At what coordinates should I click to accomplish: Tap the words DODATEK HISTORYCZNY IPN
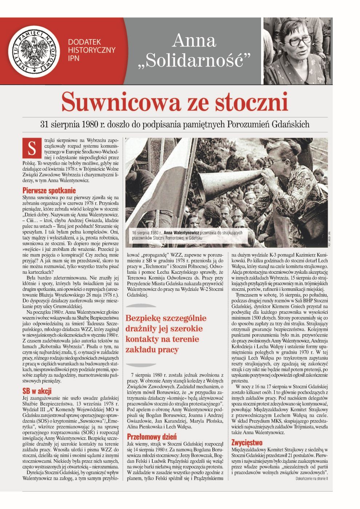[92, 50]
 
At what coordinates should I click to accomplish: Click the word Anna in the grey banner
[194, 40]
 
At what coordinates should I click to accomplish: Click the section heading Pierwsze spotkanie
[49, 190]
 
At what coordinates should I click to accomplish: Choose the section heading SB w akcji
[37, 391]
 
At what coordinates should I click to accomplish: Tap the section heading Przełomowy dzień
[152, 437]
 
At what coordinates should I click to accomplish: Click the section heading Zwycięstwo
[247, 442]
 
